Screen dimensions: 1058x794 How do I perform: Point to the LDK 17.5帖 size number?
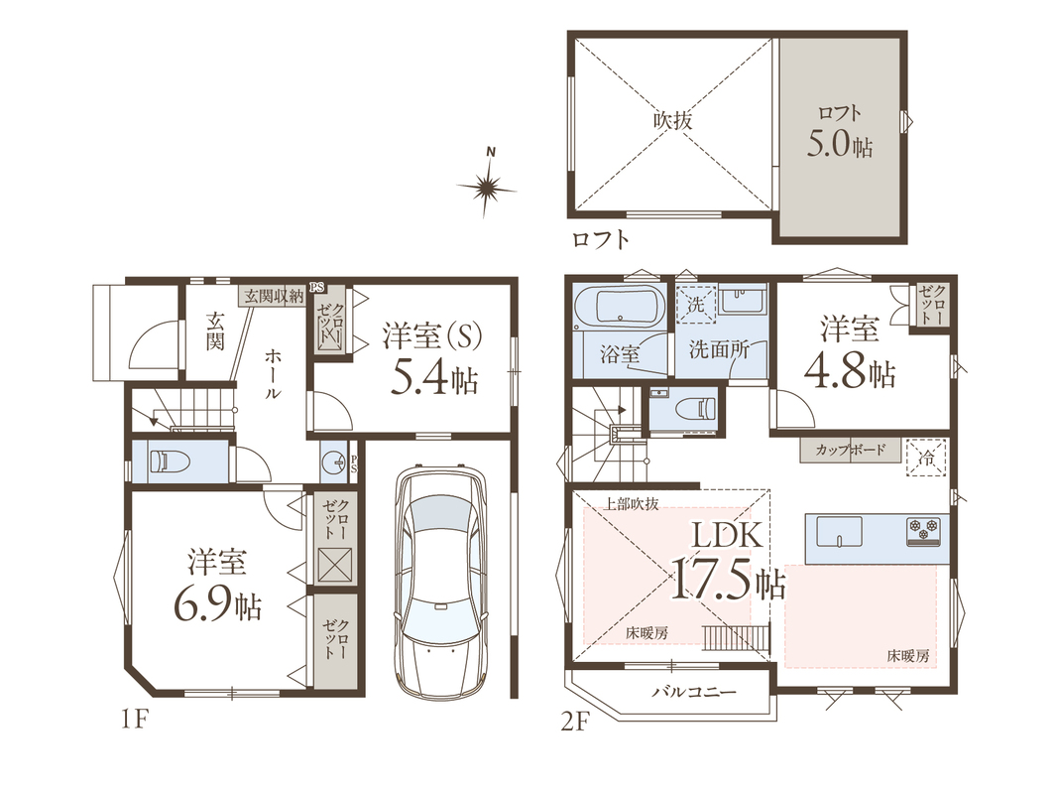point(728,578)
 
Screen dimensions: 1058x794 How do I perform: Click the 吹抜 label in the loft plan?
point(672,121)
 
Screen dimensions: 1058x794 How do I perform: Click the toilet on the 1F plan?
point(170,462)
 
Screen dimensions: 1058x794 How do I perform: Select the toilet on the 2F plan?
point(694,409)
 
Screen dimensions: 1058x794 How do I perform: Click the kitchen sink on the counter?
point(840,531)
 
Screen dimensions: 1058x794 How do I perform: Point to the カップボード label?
point(850,450)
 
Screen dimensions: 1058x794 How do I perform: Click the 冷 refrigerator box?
point(927,459)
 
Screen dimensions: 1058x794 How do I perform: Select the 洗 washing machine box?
point(696,305)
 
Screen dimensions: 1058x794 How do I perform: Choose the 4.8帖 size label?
point(850,372)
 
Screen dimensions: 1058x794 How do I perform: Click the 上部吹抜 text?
point(631,503)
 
